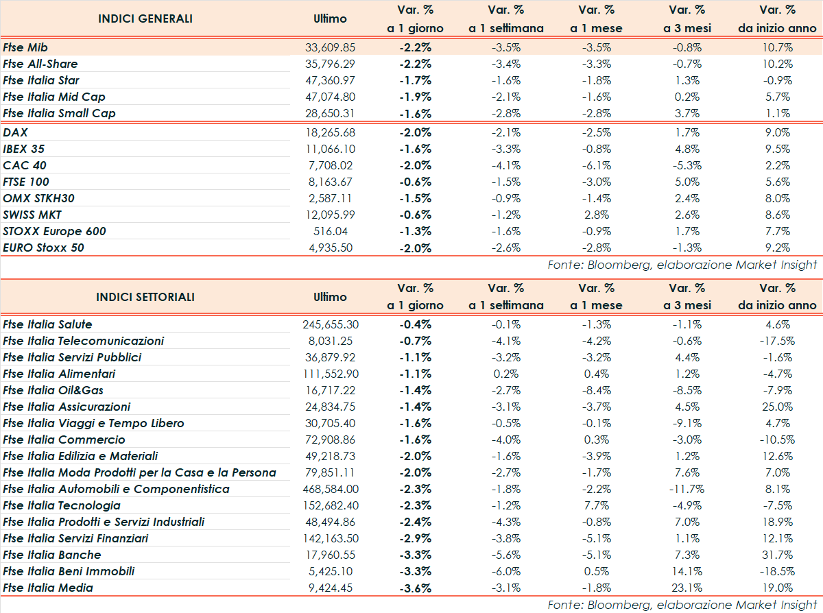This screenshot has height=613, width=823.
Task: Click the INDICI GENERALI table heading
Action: [x=145, y=19]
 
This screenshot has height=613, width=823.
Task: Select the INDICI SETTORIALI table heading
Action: [x=145, y=297]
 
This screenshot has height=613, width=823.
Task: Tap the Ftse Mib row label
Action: [x=25, y=47]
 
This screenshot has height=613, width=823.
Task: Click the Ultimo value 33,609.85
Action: [x=330, y=47]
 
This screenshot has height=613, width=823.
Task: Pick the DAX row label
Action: [x=15, y=132]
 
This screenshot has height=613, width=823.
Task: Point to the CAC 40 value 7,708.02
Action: [x=330, y=165]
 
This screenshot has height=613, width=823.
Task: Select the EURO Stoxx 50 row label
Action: [x=43, y=248]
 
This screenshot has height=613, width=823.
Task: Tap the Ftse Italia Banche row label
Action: [x=51, y=555]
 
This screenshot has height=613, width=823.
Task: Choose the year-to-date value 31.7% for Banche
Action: [x=778, y=555]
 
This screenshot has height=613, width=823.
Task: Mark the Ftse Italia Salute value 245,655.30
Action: [x=330, y=324]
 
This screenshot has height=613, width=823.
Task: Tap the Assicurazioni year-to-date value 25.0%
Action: [x=778, y=407]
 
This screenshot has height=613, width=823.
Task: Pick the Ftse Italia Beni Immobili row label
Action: [x=69, y=571]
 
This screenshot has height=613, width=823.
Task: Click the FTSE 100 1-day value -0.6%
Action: [x=415, y=182]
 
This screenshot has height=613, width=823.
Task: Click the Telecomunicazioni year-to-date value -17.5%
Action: [x=778, y=341]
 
